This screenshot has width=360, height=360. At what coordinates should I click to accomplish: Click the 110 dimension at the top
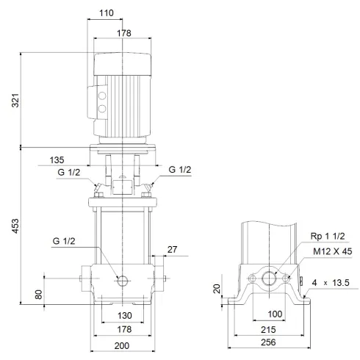pyautogui.click(x=108, y=13)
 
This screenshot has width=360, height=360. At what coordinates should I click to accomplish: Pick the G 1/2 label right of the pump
pyautogui.click(x=180, y=170)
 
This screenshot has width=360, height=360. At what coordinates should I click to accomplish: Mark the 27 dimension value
pyautogui.click(x=172, y=250)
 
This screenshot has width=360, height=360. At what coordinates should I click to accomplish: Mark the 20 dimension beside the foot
pyautogui.click(x=217, y=289)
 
